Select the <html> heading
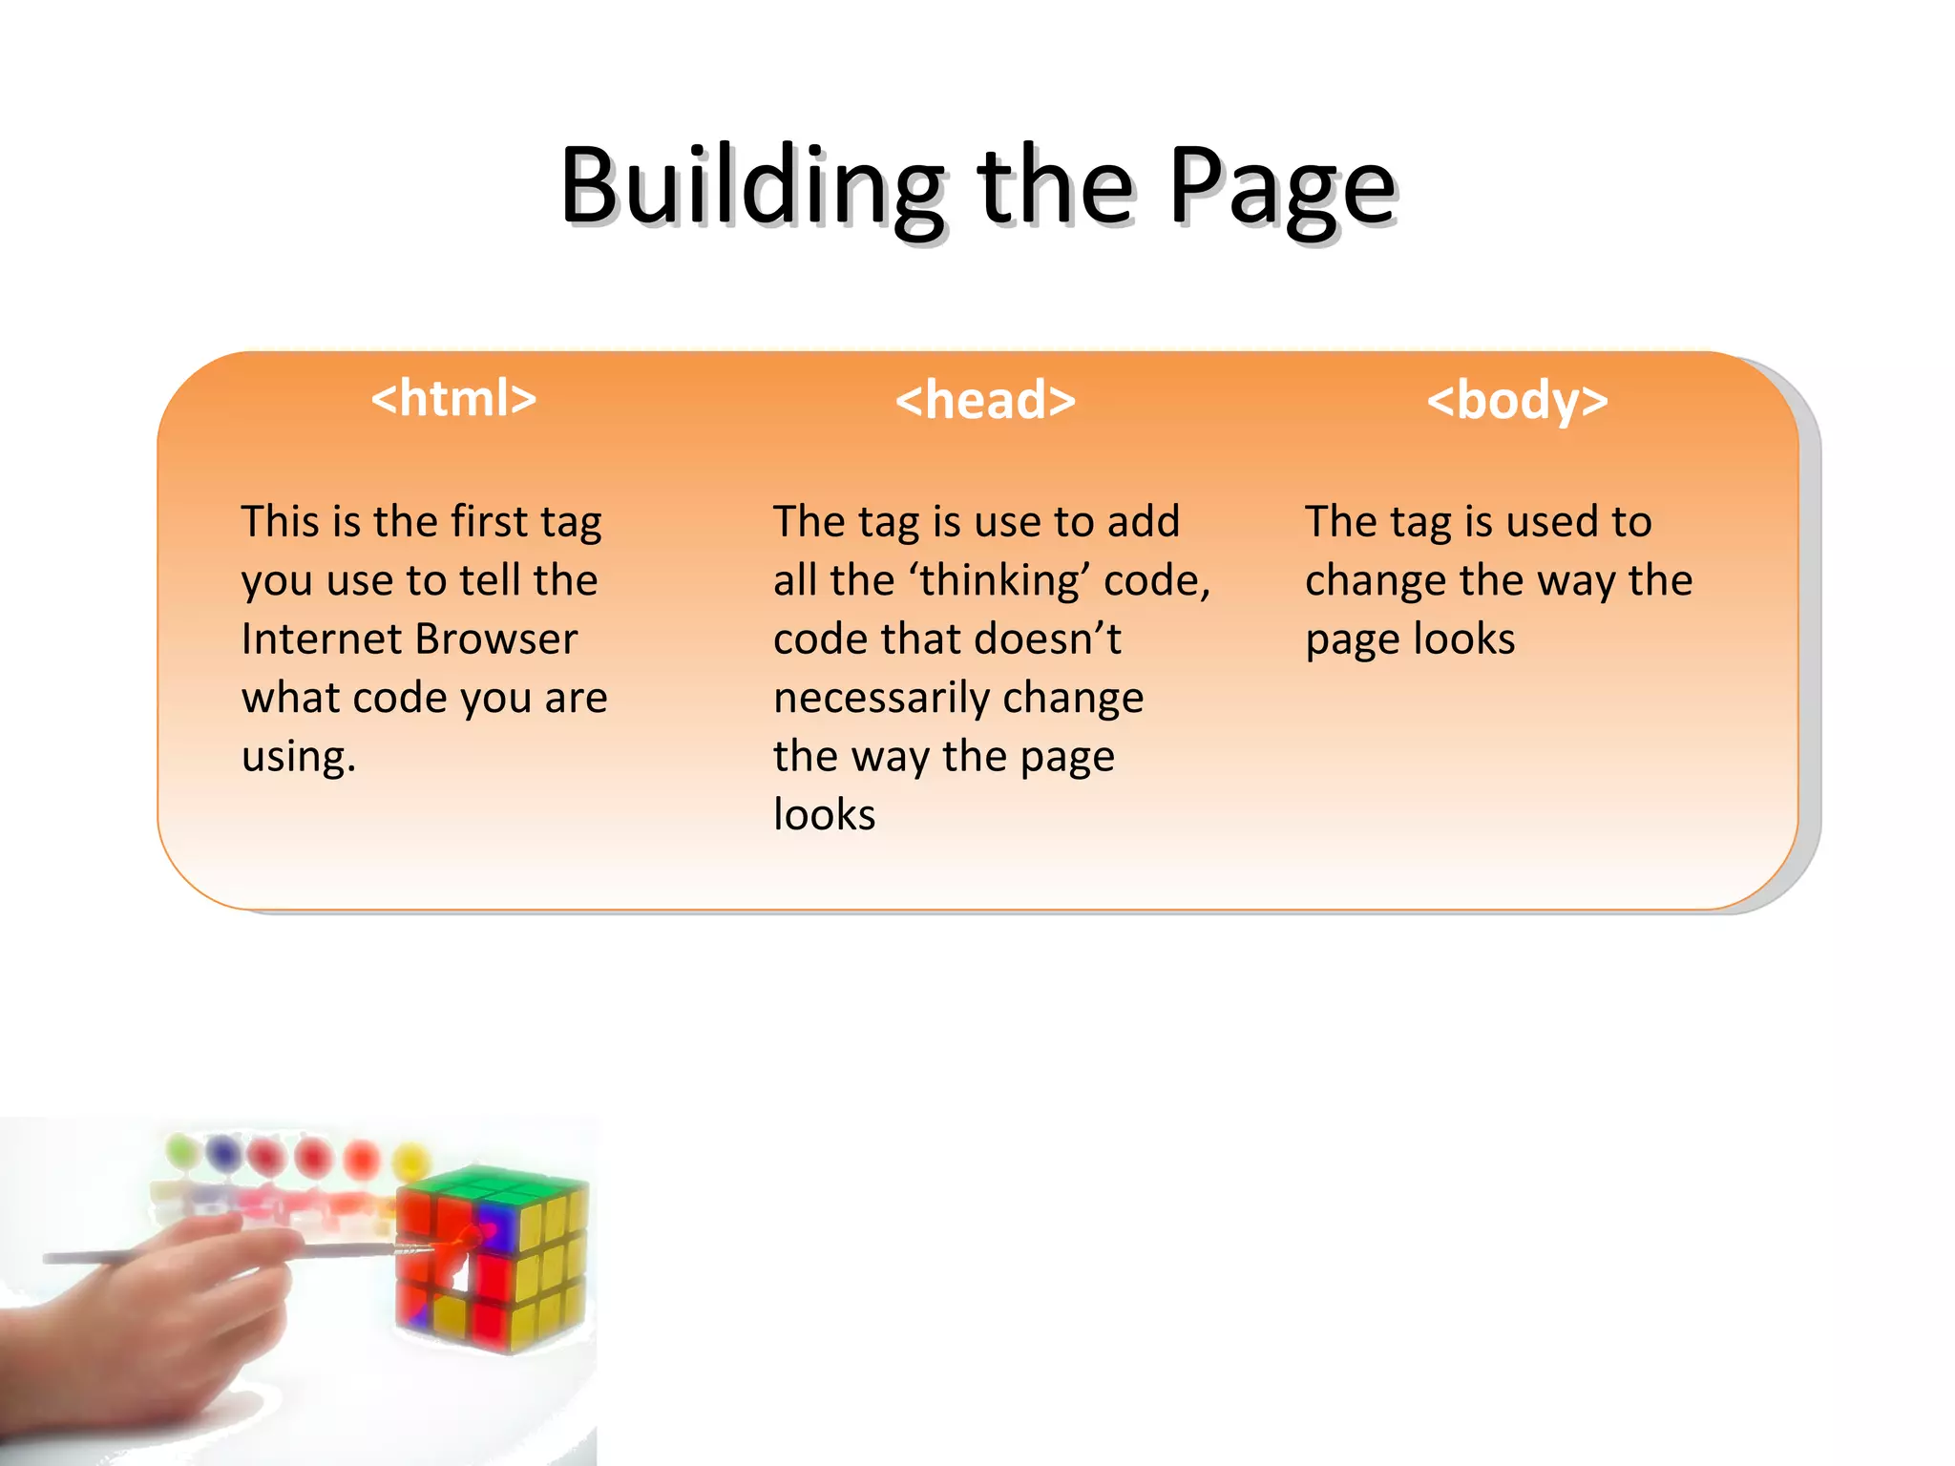pyautogui.click(x=453, y=398)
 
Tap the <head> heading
pyautogui.click(x=984, y=400)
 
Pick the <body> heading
pyautogui.click(x=1517, y=400)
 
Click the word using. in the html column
pyautogui.click(x=298, y=757)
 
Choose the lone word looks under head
pyautogui.click(x=824, y=815)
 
